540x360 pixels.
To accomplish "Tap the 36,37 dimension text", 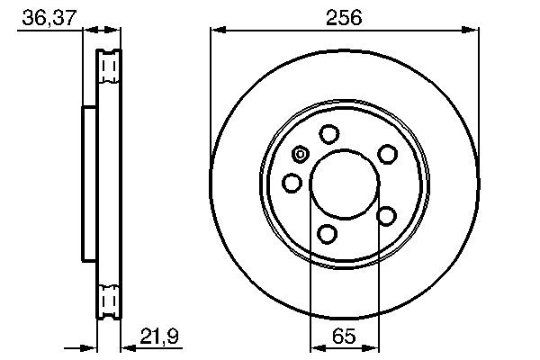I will pyautogui.click(x=42, y=15).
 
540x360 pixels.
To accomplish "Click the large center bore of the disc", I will pyautogui.click(x=343, y=184).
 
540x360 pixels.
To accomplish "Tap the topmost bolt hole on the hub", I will pyautogui.click(x=329, y=134).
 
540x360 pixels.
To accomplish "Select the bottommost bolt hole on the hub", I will pyautogui.click(x=328, y=235).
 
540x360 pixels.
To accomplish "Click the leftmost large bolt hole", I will pyautogui.click(x=292, y=184).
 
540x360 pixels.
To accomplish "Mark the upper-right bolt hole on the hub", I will pyautogui.click(x=387, y=154).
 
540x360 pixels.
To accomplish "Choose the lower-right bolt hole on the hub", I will pyautogui.click(x=387, y=215).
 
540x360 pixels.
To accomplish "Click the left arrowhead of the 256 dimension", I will pyautogui.click(x=216, y=31).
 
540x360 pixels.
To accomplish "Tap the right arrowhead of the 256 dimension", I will pyautogui.click(x=473, y=31).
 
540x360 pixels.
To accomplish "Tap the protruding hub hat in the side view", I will pyautogui.click(x=88, y=184).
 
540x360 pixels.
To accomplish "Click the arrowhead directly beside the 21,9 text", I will pyautogui.click(x=125, y=346).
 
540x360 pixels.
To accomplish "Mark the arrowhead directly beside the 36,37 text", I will pyautogui.click(x=77, y=31).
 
